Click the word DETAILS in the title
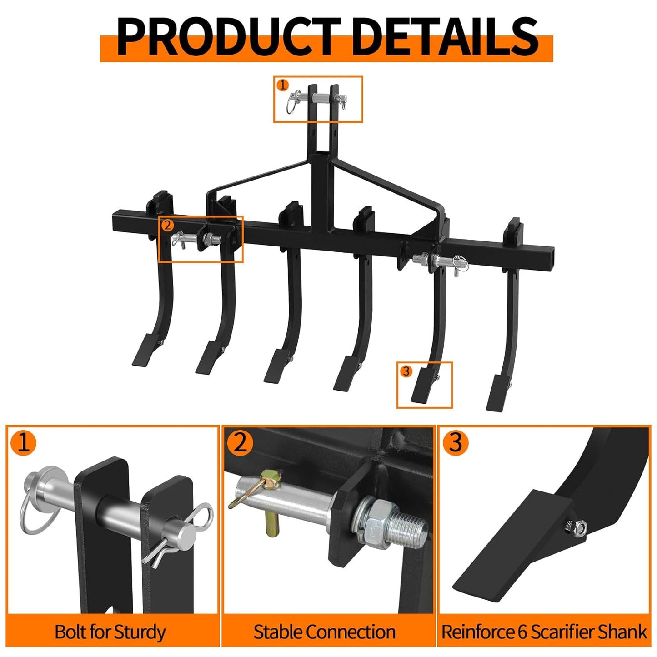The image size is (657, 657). pos(445,36)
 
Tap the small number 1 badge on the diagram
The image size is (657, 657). pos(283,85)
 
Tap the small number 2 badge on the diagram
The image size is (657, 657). pos(167,225)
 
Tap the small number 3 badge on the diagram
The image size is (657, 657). pos(406,371)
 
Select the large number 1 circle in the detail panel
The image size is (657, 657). pos(23,442)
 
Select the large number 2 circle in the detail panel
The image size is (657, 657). pos(240,442)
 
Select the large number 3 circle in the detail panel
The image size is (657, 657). pos(456,442)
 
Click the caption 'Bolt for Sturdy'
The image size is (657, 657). pos(110,632)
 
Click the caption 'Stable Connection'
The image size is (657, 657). pos(324,632)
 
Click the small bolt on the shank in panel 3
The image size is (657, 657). pos(575,527)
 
